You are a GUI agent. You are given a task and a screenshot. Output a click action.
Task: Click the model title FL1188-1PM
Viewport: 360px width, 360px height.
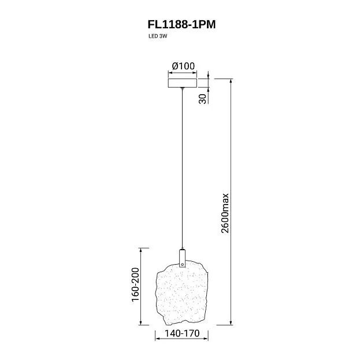(181, 25)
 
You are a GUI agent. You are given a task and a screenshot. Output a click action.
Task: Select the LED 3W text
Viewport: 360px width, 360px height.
(158, 36)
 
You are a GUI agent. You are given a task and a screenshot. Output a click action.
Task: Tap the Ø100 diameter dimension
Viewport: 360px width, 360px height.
(183, 66)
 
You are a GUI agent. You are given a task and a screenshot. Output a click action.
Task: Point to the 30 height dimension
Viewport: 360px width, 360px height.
(202, 99)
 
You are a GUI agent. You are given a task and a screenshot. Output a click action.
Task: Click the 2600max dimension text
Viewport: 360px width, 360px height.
(225, 213)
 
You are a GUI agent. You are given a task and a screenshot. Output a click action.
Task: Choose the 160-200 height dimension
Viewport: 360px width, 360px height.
(135, 284)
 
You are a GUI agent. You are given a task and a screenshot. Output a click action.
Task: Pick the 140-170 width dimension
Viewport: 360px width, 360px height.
(182, 333)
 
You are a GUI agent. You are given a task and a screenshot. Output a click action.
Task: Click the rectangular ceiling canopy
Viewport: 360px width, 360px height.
(183, 83)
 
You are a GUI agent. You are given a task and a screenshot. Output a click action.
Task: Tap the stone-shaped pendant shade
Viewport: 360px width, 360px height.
(182, 293)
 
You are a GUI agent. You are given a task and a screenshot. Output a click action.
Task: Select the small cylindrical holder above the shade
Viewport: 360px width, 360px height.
(182, 258)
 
